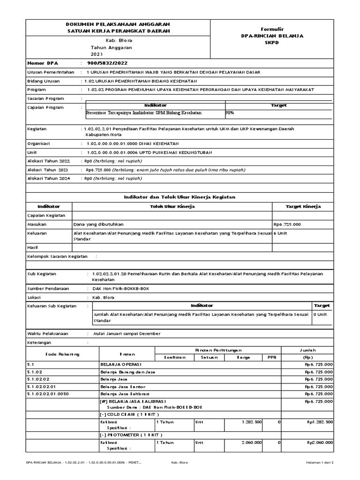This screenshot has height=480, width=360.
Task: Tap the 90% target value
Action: click(230, 113)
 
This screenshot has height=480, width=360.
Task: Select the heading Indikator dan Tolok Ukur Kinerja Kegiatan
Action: click(180, 197)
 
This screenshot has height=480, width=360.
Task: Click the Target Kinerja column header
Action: click(303, 206)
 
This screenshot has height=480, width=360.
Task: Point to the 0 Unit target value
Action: click(321, 315)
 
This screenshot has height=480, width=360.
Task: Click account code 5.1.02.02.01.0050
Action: click(48, 394)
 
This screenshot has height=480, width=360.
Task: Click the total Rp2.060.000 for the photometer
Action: click(320, 442)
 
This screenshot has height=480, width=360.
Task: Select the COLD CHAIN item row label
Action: click(129, 414)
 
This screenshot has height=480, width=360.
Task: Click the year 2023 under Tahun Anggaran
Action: click(96, 54)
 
